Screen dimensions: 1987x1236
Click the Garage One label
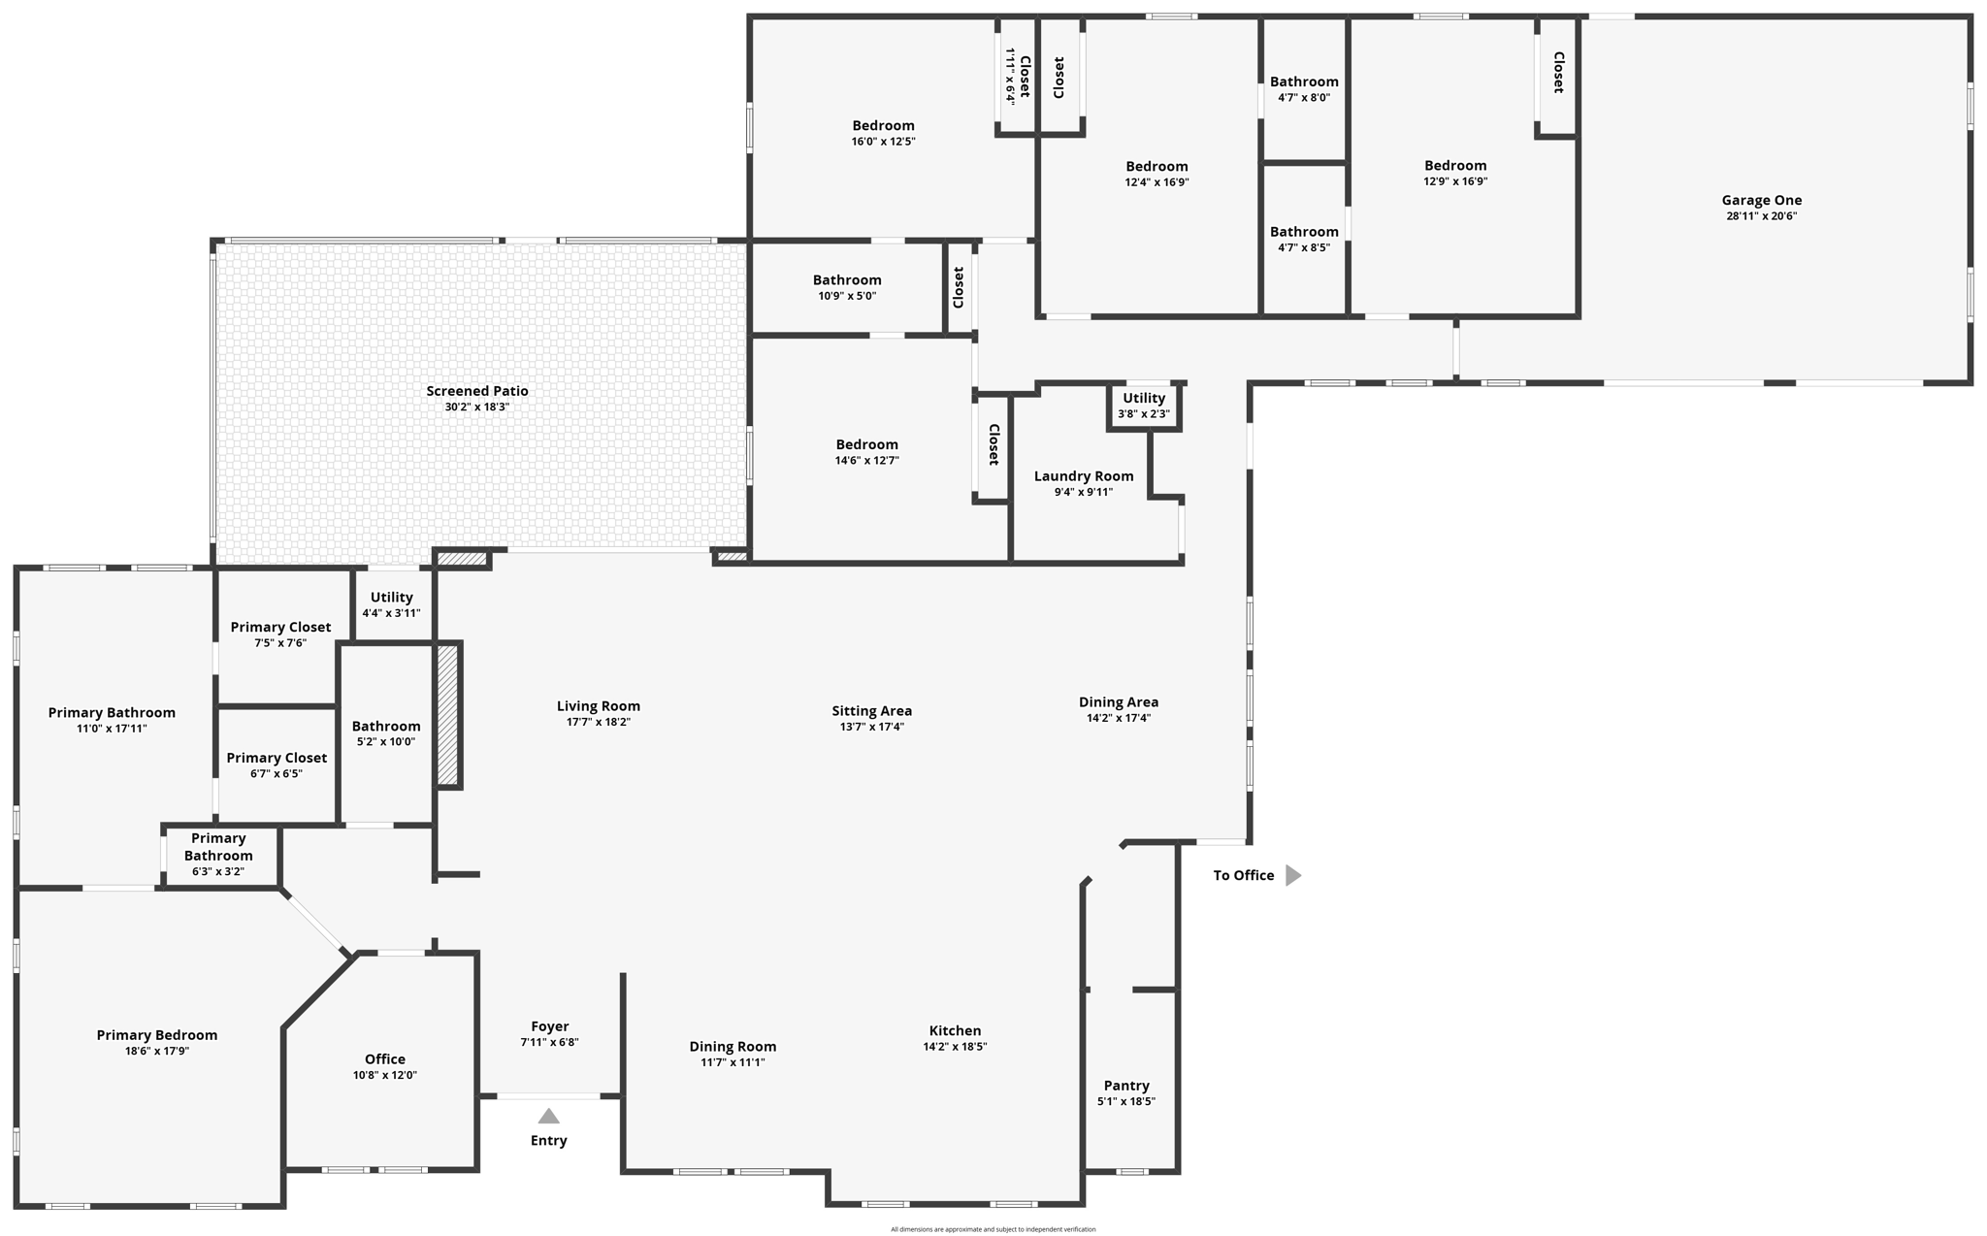tap(1761, 200)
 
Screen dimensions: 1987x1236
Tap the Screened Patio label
tap(477, 391)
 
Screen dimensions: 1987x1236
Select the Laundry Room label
tap(1084, 476)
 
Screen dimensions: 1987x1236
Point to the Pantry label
tap(1126, 1086)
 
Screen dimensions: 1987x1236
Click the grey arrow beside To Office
tap(1292, 875)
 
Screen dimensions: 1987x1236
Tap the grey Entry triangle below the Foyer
tap(548, 1116)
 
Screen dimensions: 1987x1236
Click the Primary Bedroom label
tap(157, 1035)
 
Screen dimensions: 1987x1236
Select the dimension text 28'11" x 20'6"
tap(1761, 216)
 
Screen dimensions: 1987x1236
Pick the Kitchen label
tap(956, 1030)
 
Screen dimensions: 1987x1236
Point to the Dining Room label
tap(733, 1046)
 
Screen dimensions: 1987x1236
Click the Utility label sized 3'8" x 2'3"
tap(1144, 398)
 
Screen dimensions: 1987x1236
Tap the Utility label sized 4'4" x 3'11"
tap(391, 597)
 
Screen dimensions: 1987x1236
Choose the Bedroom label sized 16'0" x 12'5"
tap(883, 125)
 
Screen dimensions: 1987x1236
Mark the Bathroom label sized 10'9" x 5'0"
tap(847, 280)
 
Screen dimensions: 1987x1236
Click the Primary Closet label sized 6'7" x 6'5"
tap(277, 758)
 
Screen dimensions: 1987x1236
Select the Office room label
tap(385, 1058)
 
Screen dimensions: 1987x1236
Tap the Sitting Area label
tap(871, 710)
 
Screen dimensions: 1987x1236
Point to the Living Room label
tap(599, 705)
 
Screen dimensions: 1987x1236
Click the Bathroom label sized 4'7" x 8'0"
tap(1304, 81)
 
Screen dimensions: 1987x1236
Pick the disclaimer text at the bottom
tap(993, 1229)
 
